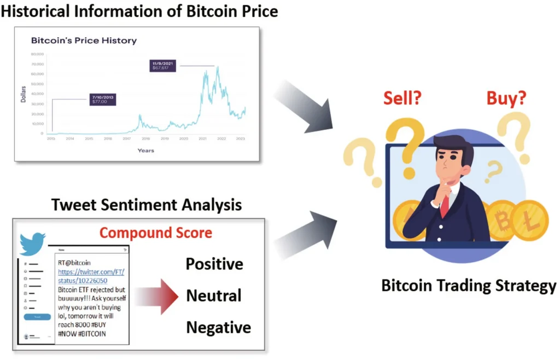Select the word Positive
pos(214,264)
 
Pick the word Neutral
pos(214,296)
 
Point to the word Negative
pos(218,328)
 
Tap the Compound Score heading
pos(156,233)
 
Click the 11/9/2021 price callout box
pos(165,66)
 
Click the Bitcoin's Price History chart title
pos(84,40)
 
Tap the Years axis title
pos(146,150)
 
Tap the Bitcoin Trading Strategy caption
pos(468,286)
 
